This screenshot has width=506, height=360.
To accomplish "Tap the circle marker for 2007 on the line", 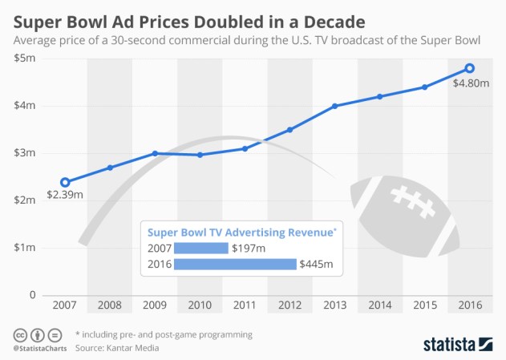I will click(x=65, y=182).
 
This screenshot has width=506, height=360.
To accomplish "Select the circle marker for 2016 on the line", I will click(x=470, y=68).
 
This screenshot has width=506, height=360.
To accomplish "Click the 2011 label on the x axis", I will click(x=245, y=306).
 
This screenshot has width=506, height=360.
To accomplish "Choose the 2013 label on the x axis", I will click(x=334, y=306).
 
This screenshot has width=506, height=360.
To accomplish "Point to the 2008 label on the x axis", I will click(x=110, y=306).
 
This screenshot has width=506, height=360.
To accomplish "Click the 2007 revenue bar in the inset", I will click(x=200, y=248).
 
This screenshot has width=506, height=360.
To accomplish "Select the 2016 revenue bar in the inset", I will click(x=234, y=264).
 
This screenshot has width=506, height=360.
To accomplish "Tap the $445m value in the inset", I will click(x=317, y=264).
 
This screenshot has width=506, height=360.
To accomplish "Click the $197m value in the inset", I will click(x=249, y=248).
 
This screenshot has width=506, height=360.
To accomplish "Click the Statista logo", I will click(x=458, y=344).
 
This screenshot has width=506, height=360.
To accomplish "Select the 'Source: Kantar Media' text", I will click(x=119, y=348).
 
